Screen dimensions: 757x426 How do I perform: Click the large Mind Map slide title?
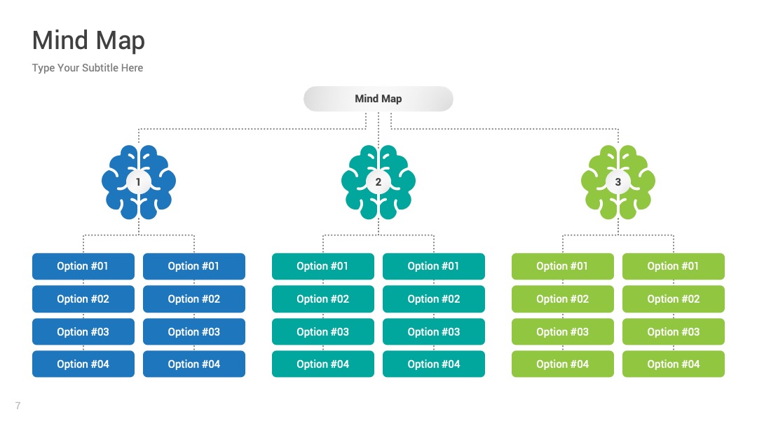pyautogui.click(x=88, y=41)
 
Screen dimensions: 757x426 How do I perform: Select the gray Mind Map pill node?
pyautogui.click(x=378, y=99)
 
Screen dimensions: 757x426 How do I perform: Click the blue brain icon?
pyautogui.click(x=139, y=182)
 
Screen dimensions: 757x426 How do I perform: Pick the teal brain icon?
pyautogui.click(x=378, y=182)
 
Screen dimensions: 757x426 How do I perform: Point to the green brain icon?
pyautogui.click(x=618, y=182)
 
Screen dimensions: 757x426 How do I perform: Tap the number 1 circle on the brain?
pyautogui.click(x=139, y=182)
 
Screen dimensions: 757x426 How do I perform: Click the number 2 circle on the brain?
pyautogui.click(x=378, y=182)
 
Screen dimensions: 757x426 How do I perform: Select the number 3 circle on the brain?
pyautogui.click(x=618, y=182)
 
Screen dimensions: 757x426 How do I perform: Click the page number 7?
pyautogui.click(x=18, y=406)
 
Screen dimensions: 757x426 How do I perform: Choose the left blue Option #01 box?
pyautogui.click(x=83, y=266)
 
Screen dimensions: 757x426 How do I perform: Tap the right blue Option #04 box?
pyautogui.click(x=194, y=364)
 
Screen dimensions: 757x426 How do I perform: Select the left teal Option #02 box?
pyautogui.click(x=323, y=298)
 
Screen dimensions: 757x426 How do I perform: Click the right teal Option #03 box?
pyautogui.click(x=434, y=331)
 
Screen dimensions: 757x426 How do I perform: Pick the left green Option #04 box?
pyautogui.click(x=562, y=364)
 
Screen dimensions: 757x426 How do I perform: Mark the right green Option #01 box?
pyautogui.click(x=674, y=266)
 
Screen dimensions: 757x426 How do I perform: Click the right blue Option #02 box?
pyautogui.click(x=194, y=298)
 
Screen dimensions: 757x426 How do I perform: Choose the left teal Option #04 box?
pyautogui.click(x=323, y=364)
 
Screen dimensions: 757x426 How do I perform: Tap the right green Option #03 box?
pyautogui.click(x=674, y=331)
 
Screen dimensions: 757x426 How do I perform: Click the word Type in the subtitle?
pyautogui.click(x=43, y=68)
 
